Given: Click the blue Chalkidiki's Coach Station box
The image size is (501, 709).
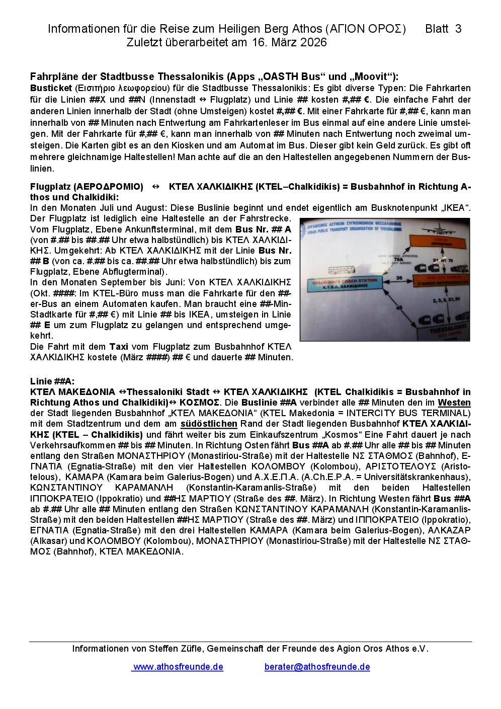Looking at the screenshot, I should [x=342, y=284].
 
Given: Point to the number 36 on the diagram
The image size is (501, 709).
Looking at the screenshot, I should [x=399, y=278].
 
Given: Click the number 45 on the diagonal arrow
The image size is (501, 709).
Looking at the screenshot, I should [x=399, y=307].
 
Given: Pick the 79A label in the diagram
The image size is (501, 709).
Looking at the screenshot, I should [x=398, y=260].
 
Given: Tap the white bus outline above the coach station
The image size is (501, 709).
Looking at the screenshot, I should [x=342, y=270].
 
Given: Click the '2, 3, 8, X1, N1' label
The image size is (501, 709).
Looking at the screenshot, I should [x=443, y=300].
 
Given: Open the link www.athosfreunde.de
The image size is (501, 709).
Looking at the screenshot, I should [x=178, y=667].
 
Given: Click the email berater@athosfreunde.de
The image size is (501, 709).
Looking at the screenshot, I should [x=317, y=667].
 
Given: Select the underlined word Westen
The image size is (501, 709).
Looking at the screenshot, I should [x=454, y=403].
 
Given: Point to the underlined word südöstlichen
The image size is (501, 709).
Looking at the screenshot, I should [x=209, y=424].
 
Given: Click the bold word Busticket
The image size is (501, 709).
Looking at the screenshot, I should [x=51, y=88].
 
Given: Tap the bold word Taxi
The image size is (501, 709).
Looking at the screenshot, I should [x=119, y=346].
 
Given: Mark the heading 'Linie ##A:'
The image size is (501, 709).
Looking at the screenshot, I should [x=52, y=381].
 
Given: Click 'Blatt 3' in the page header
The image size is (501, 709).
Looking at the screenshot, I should [x=443, y=29].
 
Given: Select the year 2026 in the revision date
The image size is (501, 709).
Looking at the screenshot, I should [x=313, y=42].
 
